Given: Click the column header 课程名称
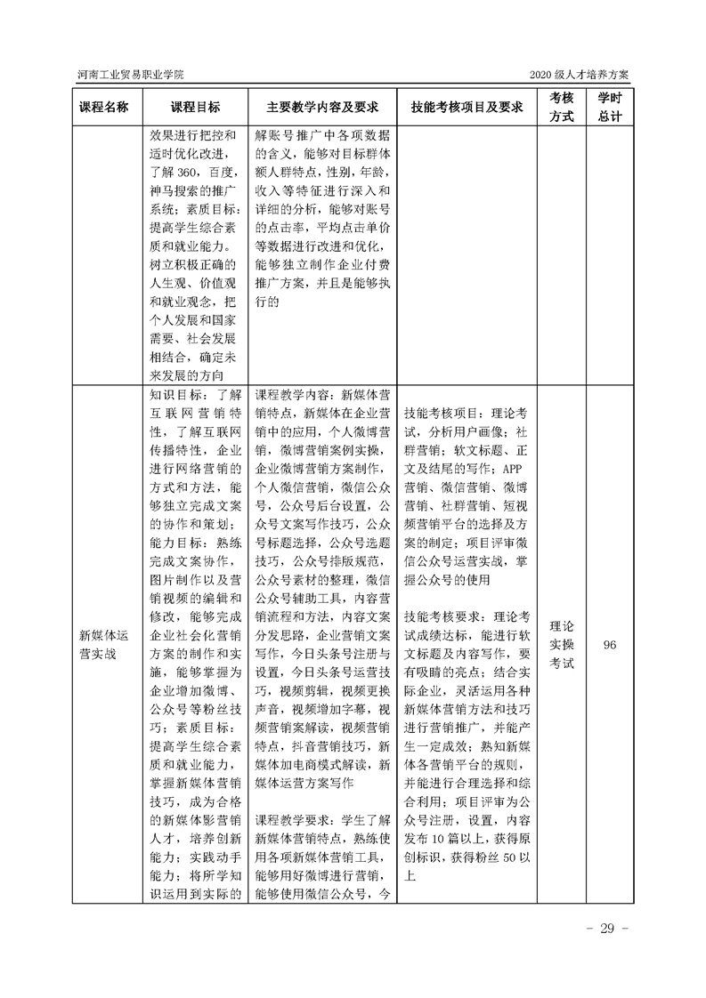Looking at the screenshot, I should coord(103,107).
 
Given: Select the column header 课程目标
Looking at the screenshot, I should coord(196,107).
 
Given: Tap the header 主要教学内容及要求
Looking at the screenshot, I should coord(322,107).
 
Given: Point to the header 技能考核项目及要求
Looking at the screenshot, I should coord(466,107).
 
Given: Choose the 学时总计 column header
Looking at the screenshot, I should coord(610,107).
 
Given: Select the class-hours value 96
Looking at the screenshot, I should coord(610,645).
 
